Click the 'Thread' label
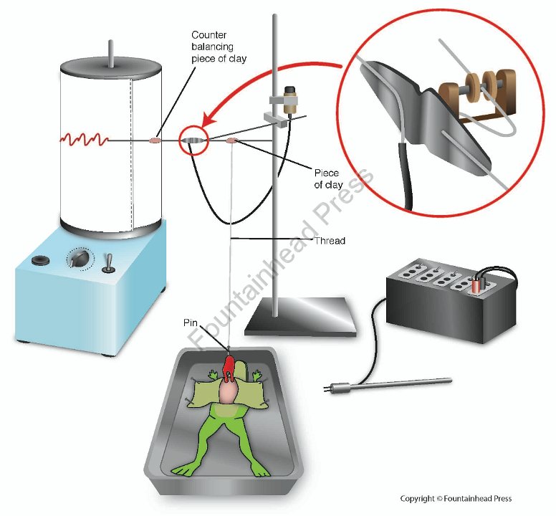point(330,241)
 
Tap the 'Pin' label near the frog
point(191,322)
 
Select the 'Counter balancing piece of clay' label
point(219,47)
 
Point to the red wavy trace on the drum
point(85,139)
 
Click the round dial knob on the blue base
point(79,259)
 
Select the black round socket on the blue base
point(40,260)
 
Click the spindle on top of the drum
point(111,53)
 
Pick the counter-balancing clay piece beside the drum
point(155,140)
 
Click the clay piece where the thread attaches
point(232,141)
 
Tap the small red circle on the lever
point(193,140)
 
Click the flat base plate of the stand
point(301,317)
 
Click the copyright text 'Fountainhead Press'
point(477,498)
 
